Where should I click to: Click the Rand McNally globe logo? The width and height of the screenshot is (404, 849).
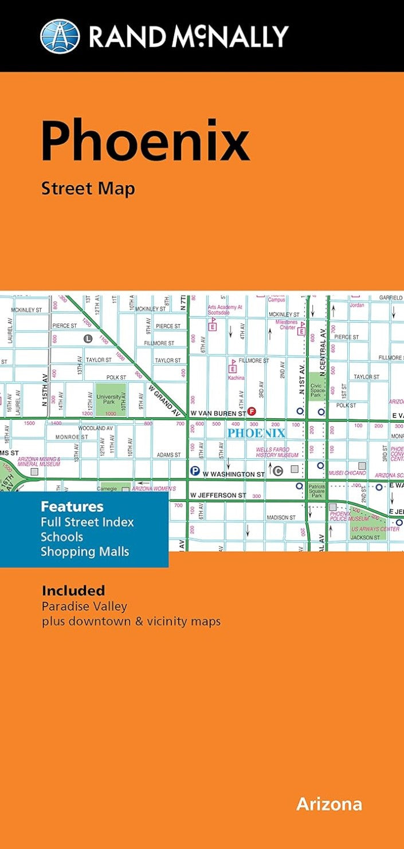pos(60,36)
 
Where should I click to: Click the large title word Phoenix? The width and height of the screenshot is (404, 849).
pos(145,141)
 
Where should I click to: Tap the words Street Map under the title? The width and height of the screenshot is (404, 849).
pos(88,188)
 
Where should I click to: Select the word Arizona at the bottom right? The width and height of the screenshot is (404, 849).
pos(329,804)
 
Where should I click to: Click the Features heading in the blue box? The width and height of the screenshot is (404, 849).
pos(72,506)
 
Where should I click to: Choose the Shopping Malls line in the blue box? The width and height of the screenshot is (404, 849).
pos(85,552)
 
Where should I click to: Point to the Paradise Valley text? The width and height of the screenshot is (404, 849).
pos(84,606)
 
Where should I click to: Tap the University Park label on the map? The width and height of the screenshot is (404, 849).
pos(110,399)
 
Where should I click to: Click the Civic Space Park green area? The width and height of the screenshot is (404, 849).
pos(317,390)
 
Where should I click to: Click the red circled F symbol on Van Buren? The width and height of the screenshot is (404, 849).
pos(251,412)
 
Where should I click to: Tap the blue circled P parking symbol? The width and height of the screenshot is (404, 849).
pos(195,471)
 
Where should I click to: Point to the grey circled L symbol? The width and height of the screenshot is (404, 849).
pos(88,339)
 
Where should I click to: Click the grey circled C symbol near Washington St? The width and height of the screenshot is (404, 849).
pos(278,471)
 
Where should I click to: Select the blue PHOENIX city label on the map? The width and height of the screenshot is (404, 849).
pos(256,433)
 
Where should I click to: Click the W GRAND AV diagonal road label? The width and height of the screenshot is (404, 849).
pos(164,400)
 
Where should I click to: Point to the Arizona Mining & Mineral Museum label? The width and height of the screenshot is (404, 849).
pos(39,462)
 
